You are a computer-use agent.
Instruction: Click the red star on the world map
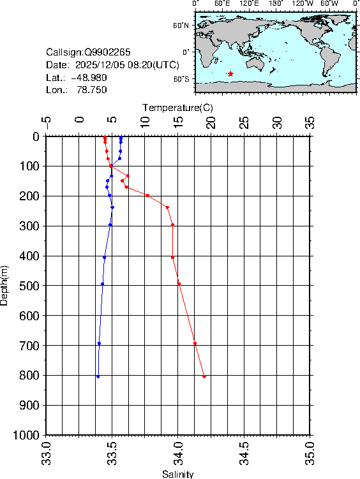(230, 74)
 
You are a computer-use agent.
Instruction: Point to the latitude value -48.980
(89, 77)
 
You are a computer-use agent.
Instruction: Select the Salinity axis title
(177, 474)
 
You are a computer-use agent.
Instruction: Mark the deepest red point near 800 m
(204, 376)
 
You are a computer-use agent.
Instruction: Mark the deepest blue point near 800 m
(98, 376)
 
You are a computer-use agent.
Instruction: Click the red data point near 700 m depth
(195, 343)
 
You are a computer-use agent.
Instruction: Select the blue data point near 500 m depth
(102, 284)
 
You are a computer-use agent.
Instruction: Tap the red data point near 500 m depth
(179, 284)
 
